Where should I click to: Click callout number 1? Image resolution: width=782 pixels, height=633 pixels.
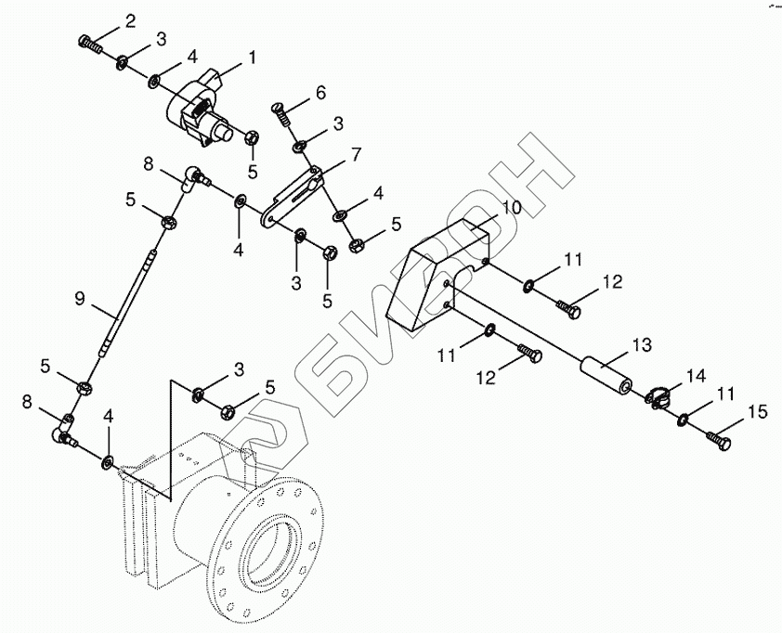tap(251, 57)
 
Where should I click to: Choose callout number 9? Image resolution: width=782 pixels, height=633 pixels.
tap(80, 298)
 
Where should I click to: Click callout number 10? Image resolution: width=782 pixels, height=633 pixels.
tap(514, 209)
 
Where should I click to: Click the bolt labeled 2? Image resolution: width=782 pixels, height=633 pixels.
tap(89, 42)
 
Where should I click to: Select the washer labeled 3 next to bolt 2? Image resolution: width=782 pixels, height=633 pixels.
tap(122, 63)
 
